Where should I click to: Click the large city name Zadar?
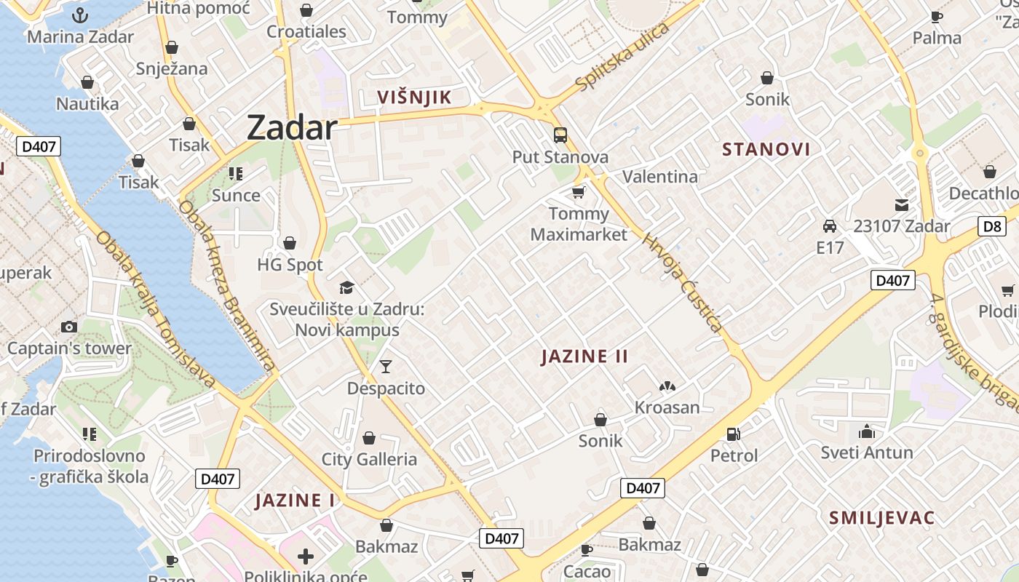pyautogui.click(x=292, y=128)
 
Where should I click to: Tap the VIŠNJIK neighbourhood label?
pyautogui.click(x=414, y=97)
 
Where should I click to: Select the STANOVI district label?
pyautogui.click(x=766, y=150)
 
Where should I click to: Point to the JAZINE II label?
pyautogui.click(x=584, y=356)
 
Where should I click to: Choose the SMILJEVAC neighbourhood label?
pyautogui.click(x=881, y=518)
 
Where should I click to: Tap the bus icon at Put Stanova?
pyautogui.click(x=560, y=135)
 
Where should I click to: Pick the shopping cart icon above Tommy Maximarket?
pyautogui.click(x=579, y=192)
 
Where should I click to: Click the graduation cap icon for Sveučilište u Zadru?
pyautogui.click(x=346, y=288)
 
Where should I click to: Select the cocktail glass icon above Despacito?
pyautogui.click(x=386, y=366)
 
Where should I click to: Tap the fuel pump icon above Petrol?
pyautogui.click(x=734, y=434)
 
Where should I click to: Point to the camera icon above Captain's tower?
pyautogui.click(x=69, y=327)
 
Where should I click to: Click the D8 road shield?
pyautogui.click(x=993, y=226)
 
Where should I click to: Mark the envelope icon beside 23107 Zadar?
pyautogui.click(x=902, y=205)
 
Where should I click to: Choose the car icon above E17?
pyautogui.click(x=829, y=226)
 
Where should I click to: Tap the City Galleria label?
pyautogui.click(x=369, y=459)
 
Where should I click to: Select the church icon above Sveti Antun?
pyautogui.click(x=866, y=431)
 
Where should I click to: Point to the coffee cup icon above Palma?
pyautogui.click(x=937, y=17)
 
